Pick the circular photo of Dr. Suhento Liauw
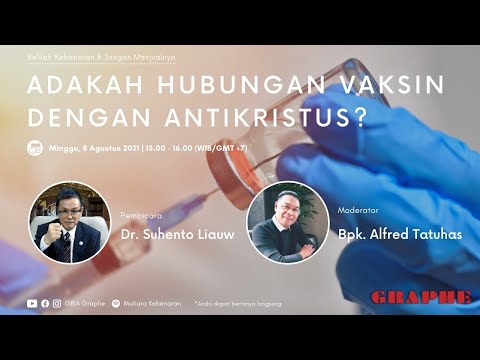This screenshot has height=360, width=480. pyautogui.click(x=68, y=221)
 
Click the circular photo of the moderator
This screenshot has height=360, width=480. pyautogui.click(x=288, y=221)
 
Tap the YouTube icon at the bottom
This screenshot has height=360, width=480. pyautogui.click(x=33, y=302)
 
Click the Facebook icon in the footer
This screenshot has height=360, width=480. pyautogui.click(x=45, y=302)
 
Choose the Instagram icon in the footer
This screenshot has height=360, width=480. pyautogui.click(x=56, y=302)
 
